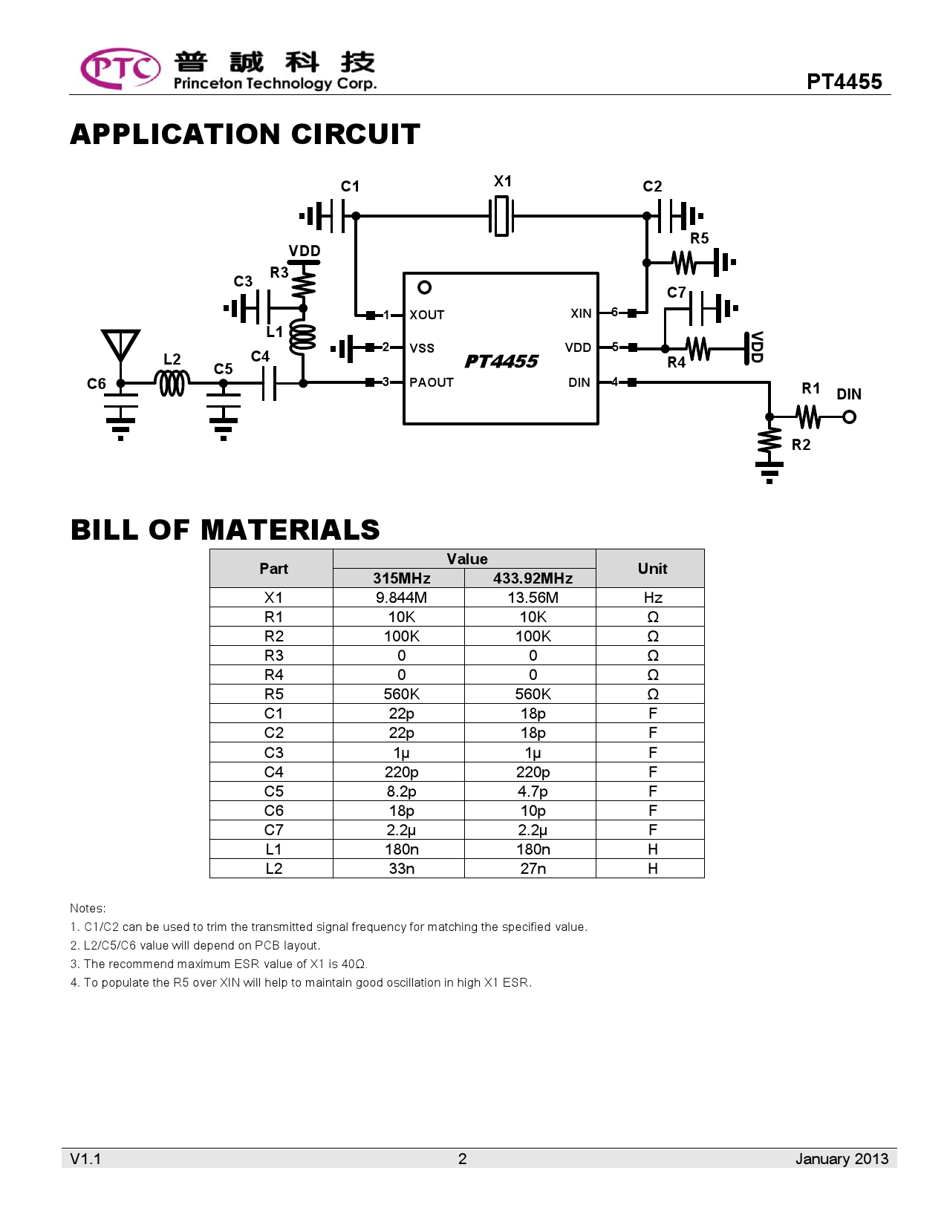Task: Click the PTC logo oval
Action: (120, 68)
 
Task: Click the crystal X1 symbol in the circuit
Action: (502, 216)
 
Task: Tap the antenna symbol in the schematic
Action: (120, 346)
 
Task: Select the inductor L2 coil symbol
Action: (172, 383)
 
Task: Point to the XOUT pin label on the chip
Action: (426, 315)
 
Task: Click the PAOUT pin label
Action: (431, 382)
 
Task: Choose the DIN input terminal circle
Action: (850, 417)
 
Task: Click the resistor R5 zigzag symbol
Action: (683, 262)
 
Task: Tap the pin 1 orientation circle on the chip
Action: (425, 287)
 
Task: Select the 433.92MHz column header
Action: (533, 578)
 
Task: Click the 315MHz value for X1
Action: (401, 598)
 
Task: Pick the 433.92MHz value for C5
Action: (533, 791)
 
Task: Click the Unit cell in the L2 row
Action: (652, 869)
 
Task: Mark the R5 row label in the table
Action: (273, 694)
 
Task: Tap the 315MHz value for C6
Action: (401, 811)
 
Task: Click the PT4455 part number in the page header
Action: (845, 82)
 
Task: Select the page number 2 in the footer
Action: (462, 1159)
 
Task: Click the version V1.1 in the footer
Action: (85, 1159)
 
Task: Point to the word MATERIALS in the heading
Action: (290, 530)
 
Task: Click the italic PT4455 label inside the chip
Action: (501, 362)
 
